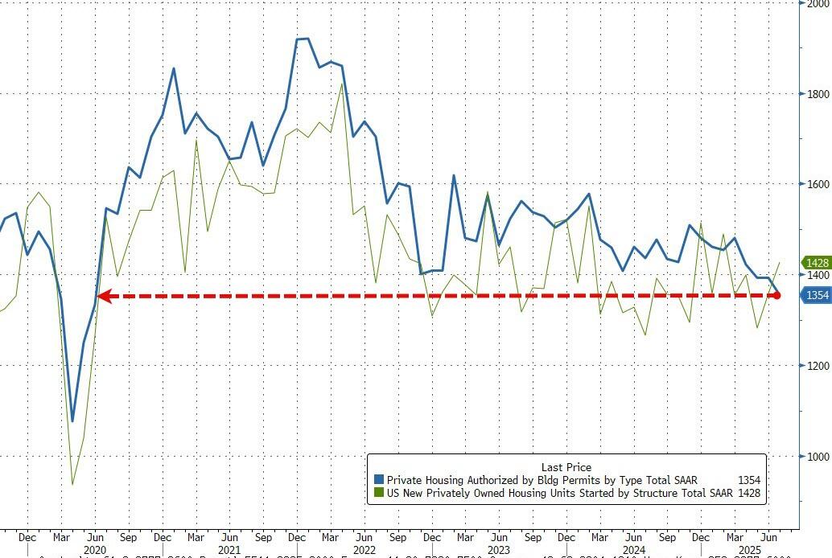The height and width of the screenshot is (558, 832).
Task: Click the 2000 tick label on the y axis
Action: (818, 4)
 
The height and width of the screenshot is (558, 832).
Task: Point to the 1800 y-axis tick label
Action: (818, 93)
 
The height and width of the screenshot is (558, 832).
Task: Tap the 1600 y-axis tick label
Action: (818, 184)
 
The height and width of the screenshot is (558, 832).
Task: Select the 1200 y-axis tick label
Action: (818, 366)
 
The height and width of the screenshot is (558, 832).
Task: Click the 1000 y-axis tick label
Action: (818, 457)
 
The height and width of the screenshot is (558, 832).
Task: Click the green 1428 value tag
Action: (818, 263)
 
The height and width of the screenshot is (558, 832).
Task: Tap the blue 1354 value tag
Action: (818, 296)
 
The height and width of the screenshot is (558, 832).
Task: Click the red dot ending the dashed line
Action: (777, 296)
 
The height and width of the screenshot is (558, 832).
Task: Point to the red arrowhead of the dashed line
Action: (103, 296)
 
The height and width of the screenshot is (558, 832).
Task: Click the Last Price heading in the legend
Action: (567, 467)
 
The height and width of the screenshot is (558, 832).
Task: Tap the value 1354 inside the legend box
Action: (748, 480)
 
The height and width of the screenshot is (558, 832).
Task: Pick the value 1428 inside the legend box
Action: (748, 493)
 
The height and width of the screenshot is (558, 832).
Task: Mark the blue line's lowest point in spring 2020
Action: (72, 421)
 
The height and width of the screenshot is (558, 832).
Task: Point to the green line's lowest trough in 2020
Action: (72, 484)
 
